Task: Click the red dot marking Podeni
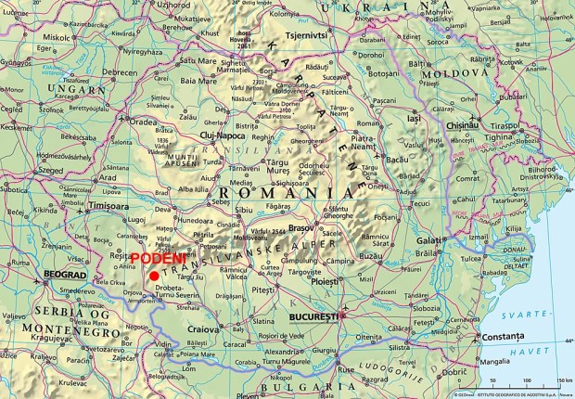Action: pyautogui.click(x=153, y=276)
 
